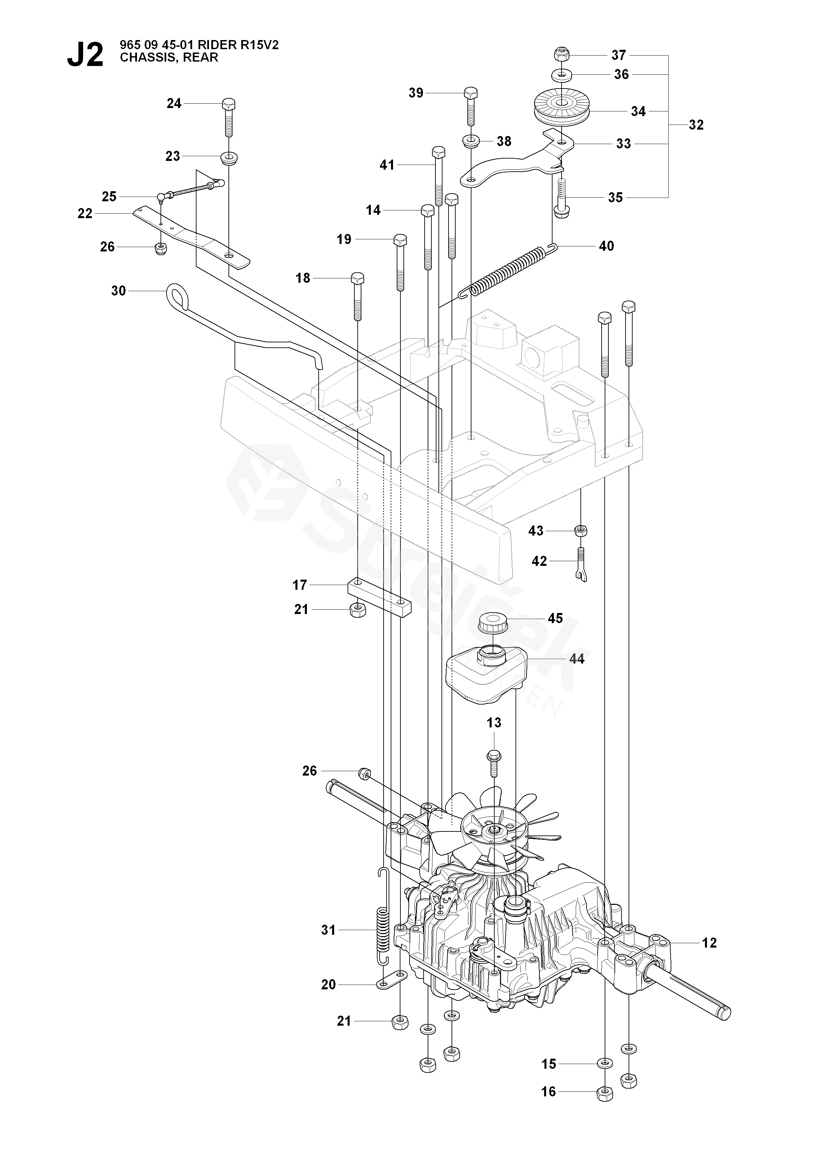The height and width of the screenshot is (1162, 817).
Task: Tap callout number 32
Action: [696, 125]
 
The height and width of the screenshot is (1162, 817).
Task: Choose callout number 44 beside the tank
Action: [577, 659]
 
